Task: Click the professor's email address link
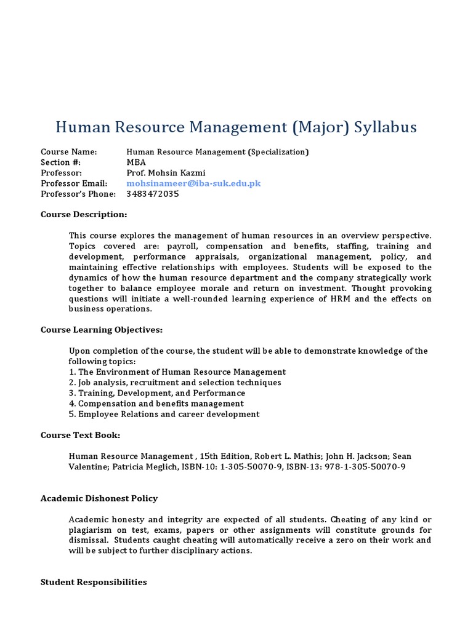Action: pyautogui.click(x=193, y=183)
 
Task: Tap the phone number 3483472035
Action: pyautogui.click(x=152, y=194)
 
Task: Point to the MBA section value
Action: pyautogui.click(x=136, y=162)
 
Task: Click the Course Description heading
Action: pyautogui.click(x=84, y=215)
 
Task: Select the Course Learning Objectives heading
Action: pyautogui.click(x=102, y=330)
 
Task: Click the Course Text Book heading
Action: pyautogui.click(x=80, y=435)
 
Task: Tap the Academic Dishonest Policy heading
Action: pyautogui.click(x=99, y=498)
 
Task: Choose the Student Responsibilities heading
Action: pyautogui.click(x=94, y=582)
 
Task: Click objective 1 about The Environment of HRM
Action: pyautogui.click(x=177, y=372)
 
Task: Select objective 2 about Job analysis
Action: pyautogui.click(x=175, y=382)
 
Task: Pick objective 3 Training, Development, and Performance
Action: pyautogui.click(x=157, y=393)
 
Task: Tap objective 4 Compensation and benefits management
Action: pyautogui.click(x=156, y=403)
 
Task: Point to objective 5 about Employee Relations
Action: pyautogui.click(x=164, y=414)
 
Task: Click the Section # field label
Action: pyautogui.click(x=58, y=162)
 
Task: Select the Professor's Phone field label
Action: pyautogui.click(x=78, y=194)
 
